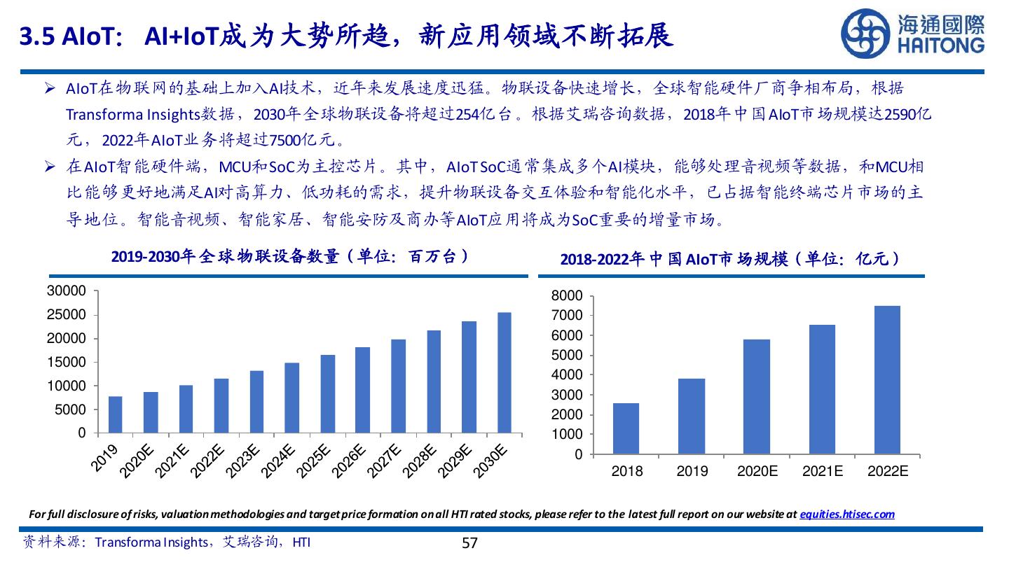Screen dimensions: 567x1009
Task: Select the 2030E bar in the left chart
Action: (504, 372)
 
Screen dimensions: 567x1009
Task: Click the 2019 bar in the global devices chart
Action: (115, 414)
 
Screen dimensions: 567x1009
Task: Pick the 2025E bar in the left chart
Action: (327, 393)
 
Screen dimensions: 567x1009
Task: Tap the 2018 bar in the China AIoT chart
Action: (626, 428)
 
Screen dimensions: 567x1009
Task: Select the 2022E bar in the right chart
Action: (887, 380)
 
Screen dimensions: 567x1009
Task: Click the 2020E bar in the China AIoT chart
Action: (757, 397)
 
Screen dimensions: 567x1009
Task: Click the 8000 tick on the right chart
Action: (567, 296)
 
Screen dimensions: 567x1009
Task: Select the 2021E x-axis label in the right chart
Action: (823, 471)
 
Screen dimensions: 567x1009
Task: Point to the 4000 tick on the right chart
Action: (567, 375)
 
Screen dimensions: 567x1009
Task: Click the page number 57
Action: (469, 543)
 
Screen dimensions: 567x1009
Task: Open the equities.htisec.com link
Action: (847, 514)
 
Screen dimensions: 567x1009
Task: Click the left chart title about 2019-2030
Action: (290, 257)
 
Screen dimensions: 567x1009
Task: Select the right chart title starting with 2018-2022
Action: (731, 260)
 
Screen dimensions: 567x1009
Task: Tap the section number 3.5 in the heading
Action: (38, 36)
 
